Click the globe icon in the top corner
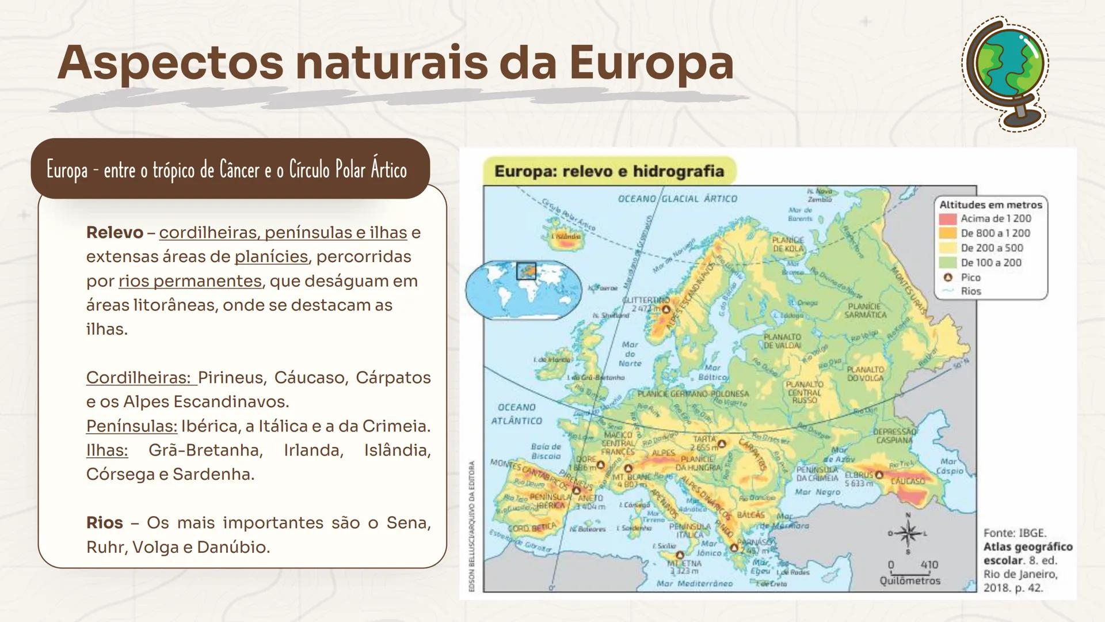(x=1005, y=72)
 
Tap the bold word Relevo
(x=115, y=233)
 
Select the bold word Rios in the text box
(x=104, y=523)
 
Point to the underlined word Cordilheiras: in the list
(x=138, y=378)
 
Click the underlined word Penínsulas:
(x=132, y=426)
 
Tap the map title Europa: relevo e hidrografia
(x=609, y=171)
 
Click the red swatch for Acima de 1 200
(x=947, y=219)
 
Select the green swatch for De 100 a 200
(x=947, y=263)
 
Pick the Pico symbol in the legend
(x=948, y=278)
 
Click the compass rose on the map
(x=908, y=533)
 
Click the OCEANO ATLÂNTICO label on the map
(x=516, y=414)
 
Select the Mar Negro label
(x=817, y=492)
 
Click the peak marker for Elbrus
(x=879, y=475)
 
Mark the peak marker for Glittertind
(x=666, y=309)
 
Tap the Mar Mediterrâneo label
(x=695, y=583)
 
